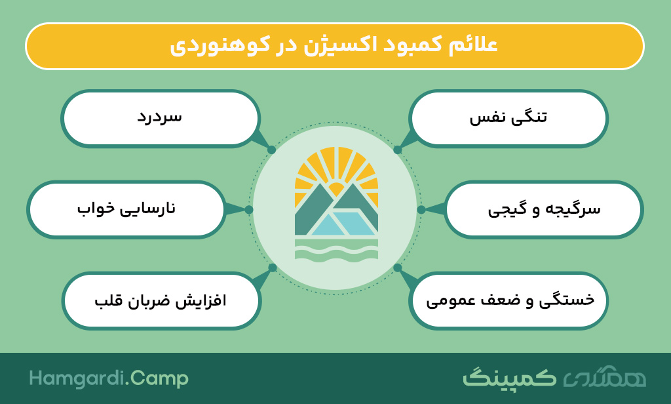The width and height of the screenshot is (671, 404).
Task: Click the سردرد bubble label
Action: [160, 117]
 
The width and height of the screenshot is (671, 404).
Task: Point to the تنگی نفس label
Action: [508, 117]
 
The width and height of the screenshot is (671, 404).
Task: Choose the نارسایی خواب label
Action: [126, 208]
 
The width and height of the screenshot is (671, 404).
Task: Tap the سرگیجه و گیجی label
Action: [544, 209]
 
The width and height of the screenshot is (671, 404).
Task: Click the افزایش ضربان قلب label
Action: [161, 300]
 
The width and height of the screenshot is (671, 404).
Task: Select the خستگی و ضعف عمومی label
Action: [510, 300]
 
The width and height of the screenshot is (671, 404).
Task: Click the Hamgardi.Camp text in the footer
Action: [109, 378]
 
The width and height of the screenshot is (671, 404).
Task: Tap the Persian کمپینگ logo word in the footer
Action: [509, 377]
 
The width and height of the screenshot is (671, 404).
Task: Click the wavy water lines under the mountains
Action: [336, 250]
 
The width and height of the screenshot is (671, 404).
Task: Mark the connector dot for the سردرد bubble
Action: [271, 150]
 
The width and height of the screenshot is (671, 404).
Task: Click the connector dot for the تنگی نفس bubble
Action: [398, 150]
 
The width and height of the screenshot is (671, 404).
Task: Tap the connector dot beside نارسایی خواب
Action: [249, 209]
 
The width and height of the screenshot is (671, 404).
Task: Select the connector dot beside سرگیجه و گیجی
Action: [421, 209]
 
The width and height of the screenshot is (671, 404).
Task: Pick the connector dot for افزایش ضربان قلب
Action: [272, 268]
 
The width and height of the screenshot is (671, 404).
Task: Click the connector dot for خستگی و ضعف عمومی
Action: [398, 268]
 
